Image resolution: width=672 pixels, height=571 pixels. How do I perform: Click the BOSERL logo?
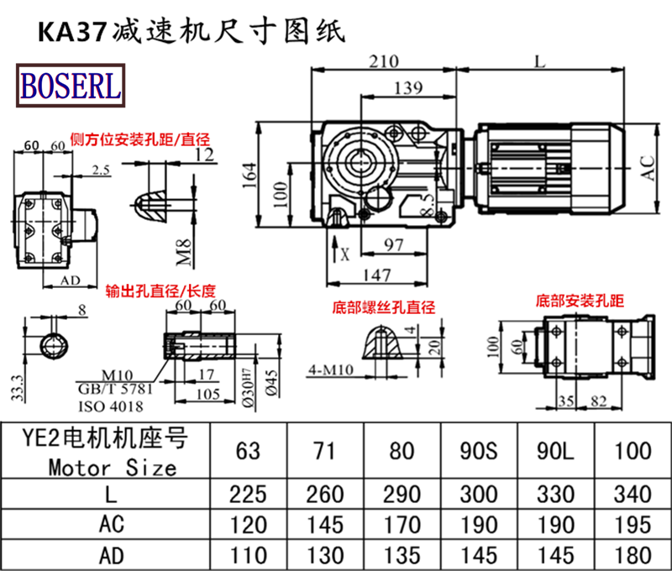click(x=71, y=85)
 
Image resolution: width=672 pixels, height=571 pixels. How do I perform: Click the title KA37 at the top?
click(x=68, y=30)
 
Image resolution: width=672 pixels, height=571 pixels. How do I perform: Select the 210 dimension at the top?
click(x=382, y=61)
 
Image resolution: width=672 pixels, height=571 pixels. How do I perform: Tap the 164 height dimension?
click(x=250, y=174)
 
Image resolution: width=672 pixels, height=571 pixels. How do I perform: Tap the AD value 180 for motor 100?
click(x=633, y=554)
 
